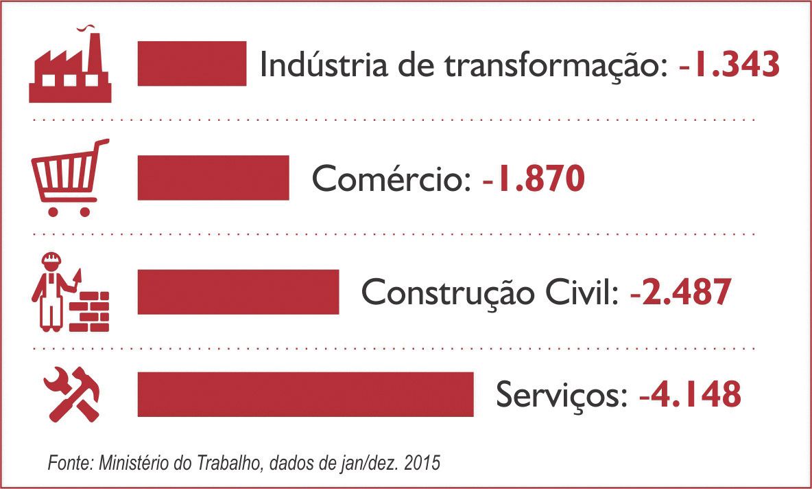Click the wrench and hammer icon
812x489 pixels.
pyautogui.click(x=70, y=394)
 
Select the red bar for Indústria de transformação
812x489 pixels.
pyautogui.click(x=192, y=64)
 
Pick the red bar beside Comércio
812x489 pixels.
pyautogui.click(x=213, y=178)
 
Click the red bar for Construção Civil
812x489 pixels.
pyautogui.click(x=238, y=292)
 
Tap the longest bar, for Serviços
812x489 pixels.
pyautogui.click(x=305, y=394)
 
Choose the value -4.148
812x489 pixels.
pyautogui.click(x=690, y=395)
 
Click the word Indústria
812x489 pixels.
pyautogui.click(x=311, y=65)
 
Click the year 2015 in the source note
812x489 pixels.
pyautogui.click(x=424, y=463)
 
